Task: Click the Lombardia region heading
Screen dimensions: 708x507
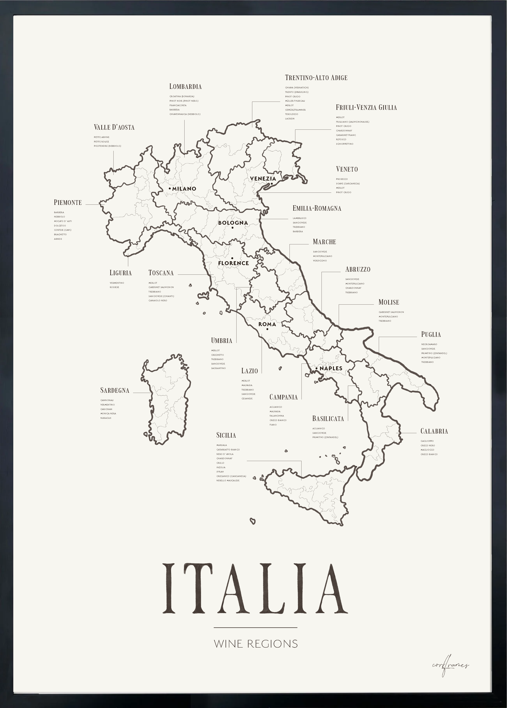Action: coord(185,86)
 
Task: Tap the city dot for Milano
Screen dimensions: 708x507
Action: coord(170,188)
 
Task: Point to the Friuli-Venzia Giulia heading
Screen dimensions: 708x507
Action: coord(366,107)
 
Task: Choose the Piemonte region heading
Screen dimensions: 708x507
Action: coord(68,202)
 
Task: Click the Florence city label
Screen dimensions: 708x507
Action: coord(234,263)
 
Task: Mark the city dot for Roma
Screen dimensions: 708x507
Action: coord(267,329)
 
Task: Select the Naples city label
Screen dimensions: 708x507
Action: coord(331,368)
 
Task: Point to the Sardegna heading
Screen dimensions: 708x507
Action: coord(115,390)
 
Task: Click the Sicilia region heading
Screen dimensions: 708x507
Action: coord(226,435)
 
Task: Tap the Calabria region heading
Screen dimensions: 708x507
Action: coord(434,431)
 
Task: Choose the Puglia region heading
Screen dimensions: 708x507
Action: coord(431,335)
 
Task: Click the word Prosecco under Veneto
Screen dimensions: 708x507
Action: coord(342,179)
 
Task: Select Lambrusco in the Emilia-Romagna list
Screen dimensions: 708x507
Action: coord(299,218)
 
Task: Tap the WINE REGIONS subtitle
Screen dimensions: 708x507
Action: coord(256,643)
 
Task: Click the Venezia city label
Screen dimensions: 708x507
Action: coord(263,178)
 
